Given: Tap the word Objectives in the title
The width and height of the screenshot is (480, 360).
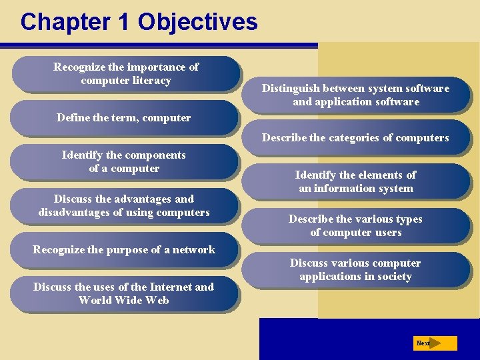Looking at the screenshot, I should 197,22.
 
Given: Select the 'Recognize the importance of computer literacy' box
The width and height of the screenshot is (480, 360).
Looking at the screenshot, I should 126,74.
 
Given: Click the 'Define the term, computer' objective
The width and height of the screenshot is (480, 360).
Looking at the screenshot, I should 124,118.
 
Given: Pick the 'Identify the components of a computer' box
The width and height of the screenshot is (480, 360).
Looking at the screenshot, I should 124,161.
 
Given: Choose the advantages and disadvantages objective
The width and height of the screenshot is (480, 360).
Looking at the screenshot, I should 124,205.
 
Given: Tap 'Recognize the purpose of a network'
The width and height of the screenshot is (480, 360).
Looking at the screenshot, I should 124,249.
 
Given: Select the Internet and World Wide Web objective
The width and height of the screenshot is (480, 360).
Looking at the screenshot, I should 124,293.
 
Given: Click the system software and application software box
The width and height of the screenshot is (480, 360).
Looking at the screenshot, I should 355,95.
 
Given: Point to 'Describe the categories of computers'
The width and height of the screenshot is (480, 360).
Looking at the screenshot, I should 355,138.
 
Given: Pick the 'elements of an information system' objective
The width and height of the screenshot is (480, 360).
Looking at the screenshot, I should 355,181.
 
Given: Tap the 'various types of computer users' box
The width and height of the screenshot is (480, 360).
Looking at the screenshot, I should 355,225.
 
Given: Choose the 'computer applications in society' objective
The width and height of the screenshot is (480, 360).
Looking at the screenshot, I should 355,269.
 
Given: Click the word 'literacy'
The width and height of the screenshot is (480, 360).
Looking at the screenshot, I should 154,81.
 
